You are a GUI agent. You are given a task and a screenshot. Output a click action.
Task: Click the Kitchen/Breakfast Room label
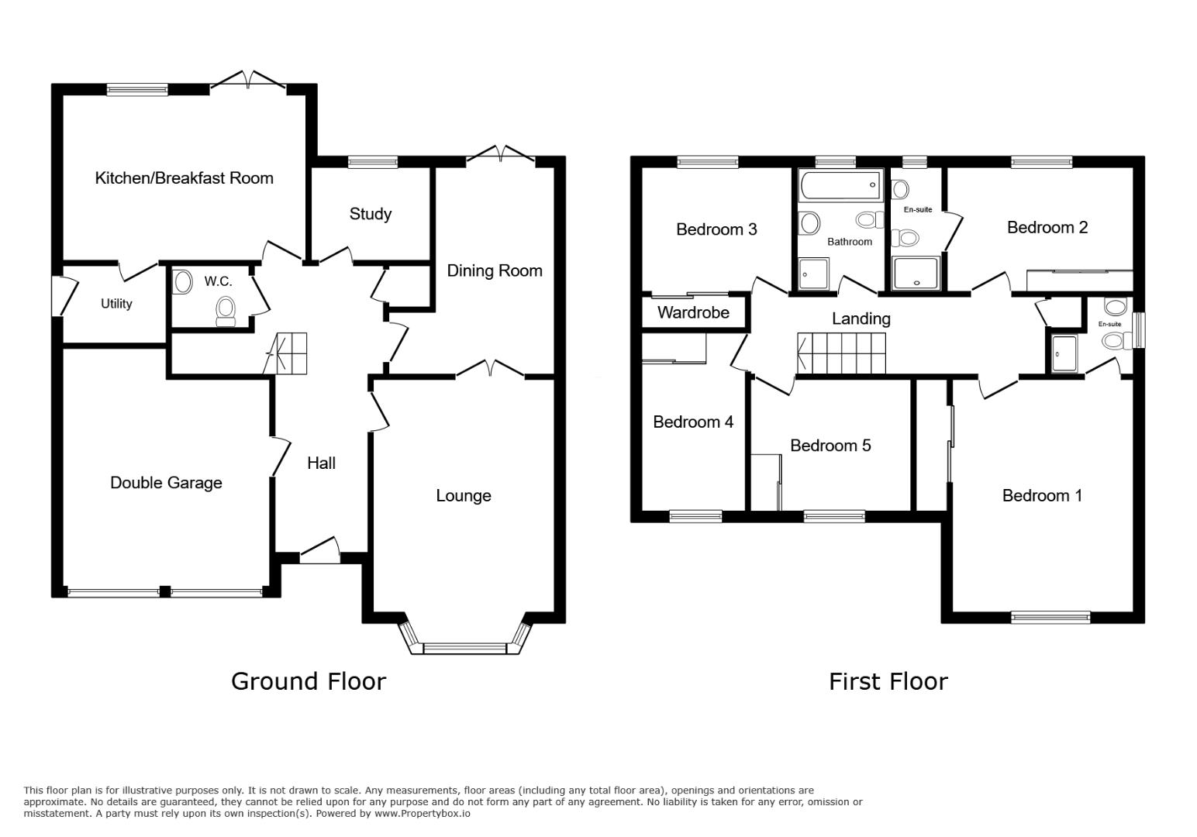tap(184, 178)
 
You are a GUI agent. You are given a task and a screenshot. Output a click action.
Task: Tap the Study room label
tap(370, 214)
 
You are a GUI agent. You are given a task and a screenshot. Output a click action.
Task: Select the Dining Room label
tap(494, 270)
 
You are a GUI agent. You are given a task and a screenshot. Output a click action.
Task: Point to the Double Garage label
tap(166, 483)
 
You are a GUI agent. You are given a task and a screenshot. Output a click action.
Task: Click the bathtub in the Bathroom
tap(840, 185)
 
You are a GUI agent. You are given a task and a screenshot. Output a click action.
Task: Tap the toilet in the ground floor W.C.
tap(226, 311)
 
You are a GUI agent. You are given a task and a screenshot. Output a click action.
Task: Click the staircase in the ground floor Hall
tap(287, 353)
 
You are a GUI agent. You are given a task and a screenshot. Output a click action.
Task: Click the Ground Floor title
tap(308, 681)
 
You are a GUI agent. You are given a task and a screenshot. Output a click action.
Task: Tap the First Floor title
tap(888, 681)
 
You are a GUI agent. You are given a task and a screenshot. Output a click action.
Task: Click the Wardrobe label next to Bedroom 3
tap(693, 312)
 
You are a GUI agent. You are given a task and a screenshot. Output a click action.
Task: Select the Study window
tap(372, 162)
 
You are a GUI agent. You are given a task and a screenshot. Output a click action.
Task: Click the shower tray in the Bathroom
tap(813, 274)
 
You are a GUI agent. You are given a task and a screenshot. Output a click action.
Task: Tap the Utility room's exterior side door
tap(58, 296)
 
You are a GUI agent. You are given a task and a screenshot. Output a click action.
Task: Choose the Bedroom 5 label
tap(830, 446)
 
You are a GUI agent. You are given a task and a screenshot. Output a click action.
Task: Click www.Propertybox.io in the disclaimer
tap(422, 814)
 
